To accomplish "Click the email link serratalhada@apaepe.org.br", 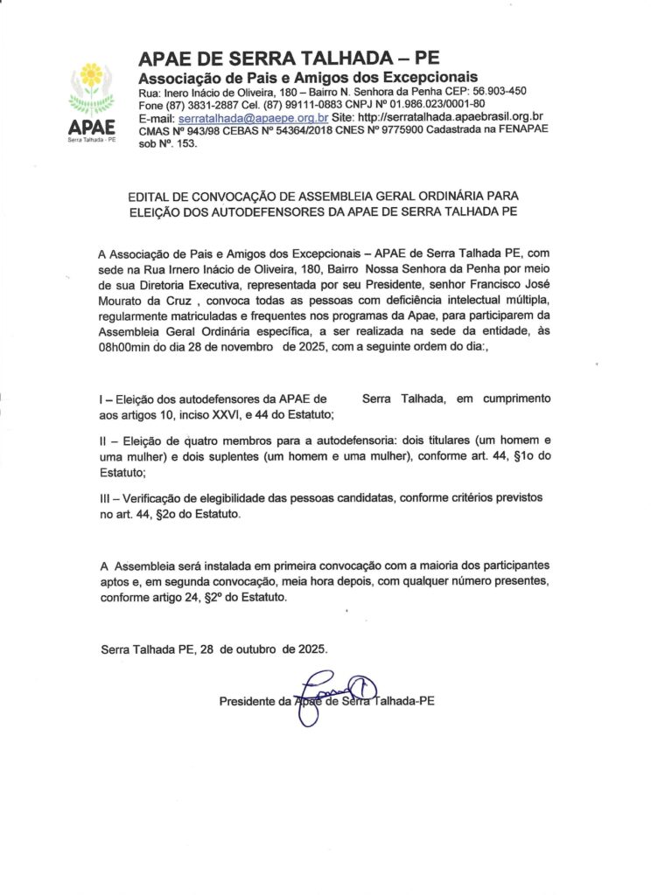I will (x=253, y=117).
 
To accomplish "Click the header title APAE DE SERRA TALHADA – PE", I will (x=289, y=59).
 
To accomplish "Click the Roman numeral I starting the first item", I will (x=102, y=399).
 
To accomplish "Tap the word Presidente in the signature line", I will (x=248, y=701).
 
